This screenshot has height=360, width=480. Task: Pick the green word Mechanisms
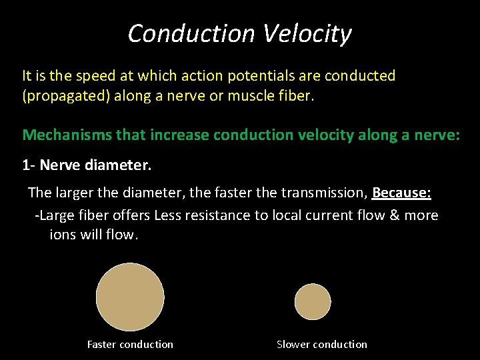pos(62,135)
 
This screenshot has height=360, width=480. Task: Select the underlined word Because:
pos(401,193)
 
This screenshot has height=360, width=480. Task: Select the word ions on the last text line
pos(63,235)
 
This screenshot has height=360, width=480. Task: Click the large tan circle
pos(130,297)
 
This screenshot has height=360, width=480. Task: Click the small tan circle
pos(313,302)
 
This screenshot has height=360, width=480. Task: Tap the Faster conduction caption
pos(130,345)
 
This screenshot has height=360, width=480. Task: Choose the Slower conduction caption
pos(322,345)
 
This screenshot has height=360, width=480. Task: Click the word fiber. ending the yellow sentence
pos(296,96)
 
